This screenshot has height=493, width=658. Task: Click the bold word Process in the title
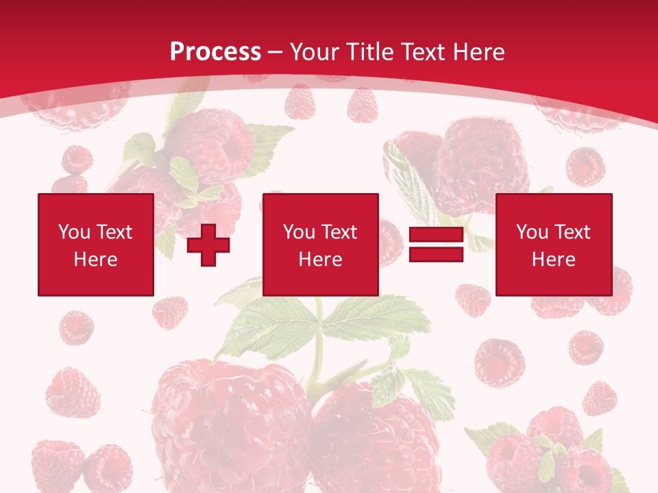tap(215, 52)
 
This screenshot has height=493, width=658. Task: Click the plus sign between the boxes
tap(208, 245)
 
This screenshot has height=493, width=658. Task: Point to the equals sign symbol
tap(436, 245)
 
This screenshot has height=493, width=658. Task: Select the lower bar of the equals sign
tap(436, 254)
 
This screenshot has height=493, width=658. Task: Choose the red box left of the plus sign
tap(95, 244)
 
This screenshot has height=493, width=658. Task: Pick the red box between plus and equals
tap(320, 244)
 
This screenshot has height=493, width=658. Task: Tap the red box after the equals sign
tap(553, 244)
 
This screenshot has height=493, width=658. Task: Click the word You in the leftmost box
tap(74, 232)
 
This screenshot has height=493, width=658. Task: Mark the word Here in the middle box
tap(320, 260)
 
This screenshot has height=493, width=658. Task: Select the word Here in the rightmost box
tap(553, 260)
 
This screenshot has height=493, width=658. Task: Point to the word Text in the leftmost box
tap(114, 232)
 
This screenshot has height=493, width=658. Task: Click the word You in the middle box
tap(299, 232)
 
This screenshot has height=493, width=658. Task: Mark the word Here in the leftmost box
tap(95, 260)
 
